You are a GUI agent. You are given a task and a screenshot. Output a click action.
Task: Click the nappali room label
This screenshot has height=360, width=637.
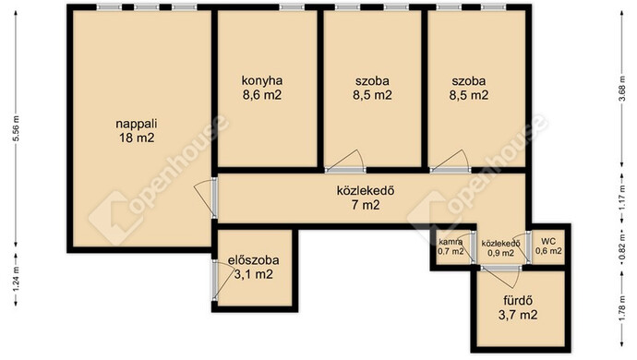(x=137, y=124)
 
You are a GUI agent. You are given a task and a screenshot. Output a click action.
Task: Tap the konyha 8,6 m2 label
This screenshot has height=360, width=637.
(x=262, y=88)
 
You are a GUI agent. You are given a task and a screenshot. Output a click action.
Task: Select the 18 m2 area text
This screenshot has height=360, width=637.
(x=137, y=138)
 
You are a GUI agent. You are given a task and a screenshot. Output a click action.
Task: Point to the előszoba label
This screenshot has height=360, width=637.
(x=253, y=260)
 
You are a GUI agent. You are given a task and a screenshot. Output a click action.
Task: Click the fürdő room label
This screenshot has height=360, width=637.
(x=518, y=301)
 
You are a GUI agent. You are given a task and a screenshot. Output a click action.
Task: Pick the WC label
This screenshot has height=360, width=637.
(x=548, y=242)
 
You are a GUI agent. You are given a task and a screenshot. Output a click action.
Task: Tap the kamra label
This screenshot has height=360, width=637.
(x=451, y=242)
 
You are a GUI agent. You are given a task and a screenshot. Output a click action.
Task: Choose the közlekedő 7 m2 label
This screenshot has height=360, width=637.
(x=366, y=198)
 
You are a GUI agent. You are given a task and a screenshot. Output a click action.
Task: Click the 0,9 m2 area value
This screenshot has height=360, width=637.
(x=500, y=253)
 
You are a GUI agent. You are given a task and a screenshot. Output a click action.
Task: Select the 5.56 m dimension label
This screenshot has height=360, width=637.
(x=17, y=128)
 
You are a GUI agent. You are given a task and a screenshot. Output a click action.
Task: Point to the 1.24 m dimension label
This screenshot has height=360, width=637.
(x=17, y=279)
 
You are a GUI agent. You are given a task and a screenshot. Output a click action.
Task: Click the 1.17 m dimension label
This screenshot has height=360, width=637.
(x=622, y=197)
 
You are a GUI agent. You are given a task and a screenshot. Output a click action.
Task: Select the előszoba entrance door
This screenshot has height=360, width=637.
(x=215, y=281)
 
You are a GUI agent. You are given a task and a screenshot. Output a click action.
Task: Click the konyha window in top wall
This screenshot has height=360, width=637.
(x=292, y=7)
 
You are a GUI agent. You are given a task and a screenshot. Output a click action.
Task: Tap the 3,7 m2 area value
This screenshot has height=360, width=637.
(x=518, y=315)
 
